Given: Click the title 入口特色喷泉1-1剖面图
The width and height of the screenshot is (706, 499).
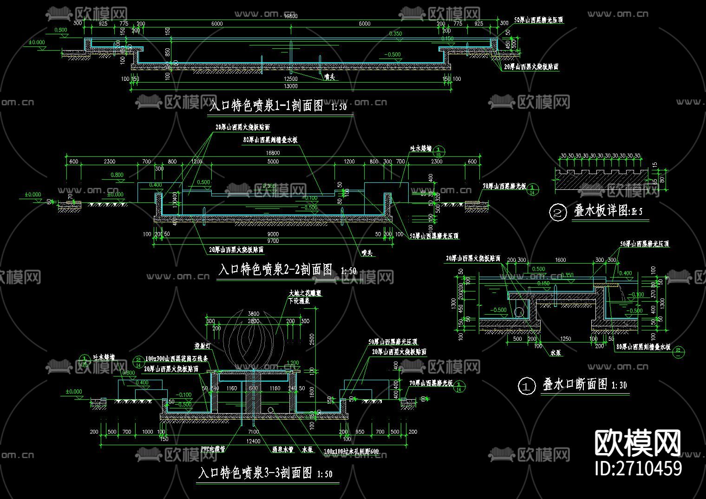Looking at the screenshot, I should click(x=266, y=106).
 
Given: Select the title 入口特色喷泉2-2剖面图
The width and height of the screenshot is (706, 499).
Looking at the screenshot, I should click(x=275, y=270).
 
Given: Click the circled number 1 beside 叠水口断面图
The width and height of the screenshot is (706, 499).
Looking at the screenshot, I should click(x=527, y=386).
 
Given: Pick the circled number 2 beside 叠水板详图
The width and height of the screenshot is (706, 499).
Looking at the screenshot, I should click(x=558, y=213).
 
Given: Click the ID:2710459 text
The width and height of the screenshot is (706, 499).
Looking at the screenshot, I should click(x=638, y=468).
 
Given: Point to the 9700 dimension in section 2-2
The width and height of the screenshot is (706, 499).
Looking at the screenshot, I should click(x=273, y=241).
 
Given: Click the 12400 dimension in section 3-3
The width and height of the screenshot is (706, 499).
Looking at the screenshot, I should click(x=254, y=441).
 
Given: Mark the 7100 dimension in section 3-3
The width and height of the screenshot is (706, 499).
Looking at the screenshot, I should click(x=253, y=432).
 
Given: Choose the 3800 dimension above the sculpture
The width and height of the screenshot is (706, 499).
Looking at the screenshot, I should click(x=253, y=314).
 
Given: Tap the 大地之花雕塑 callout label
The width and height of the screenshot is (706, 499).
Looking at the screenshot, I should click(x=305, y=293).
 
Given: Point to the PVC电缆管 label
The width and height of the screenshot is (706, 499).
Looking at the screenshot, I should click(x=213, y=449).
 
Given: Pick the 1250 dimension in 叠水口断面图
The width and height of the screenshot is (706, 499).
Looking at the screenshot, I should click(x=565, y=339).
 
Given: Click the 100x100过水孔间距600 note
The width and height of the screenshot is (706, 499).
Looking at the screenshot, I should click(x=352, y=451).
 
